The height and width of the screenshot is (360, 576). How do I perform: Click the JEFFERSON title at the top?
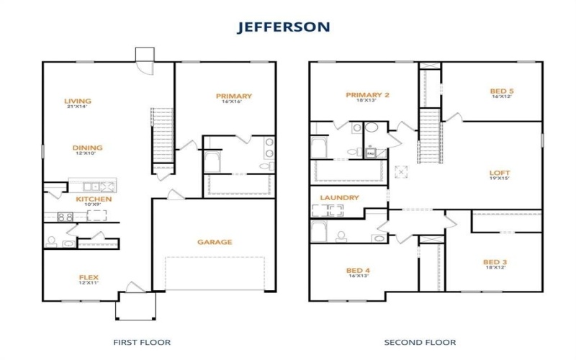(284, 27)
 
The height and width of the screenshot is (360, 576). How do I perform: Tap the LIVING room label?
(78, 101)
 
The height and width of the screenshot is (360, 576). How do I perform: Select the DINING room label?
(87, 148)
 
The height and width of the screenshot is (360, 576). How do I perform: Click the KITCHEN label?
(94, 199)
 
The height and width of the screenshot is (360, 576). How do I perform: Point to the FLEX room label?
(89, 276)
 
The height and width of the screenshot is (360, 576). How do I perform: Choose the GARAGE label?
(215, 242)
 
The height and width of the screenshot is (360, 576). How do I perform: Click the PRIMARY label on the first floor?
(233, 96)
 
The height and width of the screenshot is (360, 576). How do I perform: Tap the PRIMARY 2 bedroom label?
(367, 95)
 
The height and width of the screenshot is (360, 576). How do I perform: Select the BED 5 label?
(501, 91)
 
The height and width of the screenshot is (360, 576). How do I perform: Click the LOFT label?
(500, 172)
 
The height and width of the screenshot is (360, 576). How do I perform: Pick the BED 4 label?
(359, 271)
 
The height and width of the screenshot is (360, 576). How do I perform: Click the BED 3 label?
(495, 261)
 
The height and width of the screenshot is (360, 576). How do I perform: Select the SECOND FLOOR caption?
(420, 342)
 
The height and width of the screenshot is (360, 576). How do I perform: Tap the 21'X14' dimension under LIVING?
(76, 107)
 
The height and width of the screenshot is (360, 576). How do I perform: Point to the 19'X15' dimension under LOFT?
(500, 179)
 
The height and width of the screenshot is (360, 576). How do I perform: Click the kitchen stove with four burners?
(66, 216)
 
